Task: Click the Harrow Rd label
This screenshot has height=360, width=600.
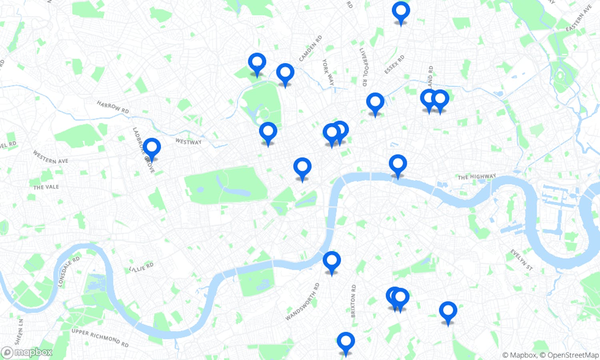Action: (113, 107)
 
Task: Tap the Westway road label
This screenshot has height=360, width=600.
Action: (188, 142)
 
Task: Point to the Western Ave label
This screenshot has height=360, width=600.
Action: (50, 157)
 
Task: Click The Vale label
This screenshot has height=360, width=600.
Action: (46, 187)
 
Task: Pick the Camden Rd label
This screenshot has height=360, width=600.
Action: (310, 49)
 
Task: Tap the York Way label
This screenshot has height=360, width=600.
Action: (328, 72)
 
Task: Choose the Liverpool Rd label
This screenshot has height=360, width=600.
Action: (363, 67)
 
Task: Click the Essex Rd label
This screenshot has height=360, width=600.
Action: (394, 64)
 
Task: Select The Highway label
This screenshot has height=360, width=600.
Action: (477, 176)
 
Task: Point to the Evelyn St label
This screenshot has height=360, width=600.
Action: (522, 260)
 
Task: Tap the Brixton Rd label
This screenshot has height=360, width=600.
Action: (353, 301)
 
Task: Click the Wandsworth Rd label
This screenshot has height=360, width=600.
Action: (303, 302)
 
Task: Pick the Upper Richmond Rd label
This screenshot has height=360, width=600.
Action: (100, 338)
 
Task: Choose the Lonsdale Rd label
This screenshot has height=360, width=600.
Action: (68, 272)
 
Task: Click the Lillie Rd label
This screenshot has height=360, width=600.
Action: (141, 267)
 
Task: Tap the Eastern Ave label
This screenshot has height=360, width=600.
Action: (579, 18)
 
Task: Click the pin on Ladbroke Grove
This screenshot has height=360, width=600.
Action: (152, 148)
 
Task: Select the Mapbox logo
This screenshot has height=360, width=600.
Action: (27, 352)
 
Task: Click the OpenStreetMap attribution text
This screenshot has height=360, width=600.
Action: (573, 355)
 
